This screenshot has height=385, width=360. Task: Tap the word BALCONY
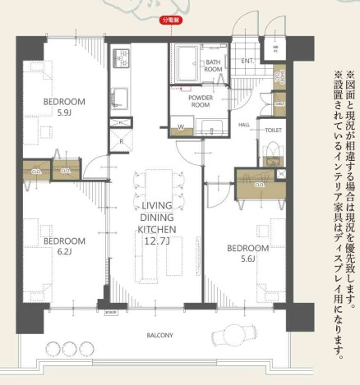159,336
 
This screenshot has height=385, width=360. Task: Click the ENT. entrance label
247,61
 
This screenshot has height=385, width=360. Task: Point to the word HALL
244,125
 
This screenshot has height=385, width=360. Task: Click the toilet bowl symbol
272,153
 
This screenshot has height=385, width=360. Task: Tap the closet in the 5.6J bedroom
258,184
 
